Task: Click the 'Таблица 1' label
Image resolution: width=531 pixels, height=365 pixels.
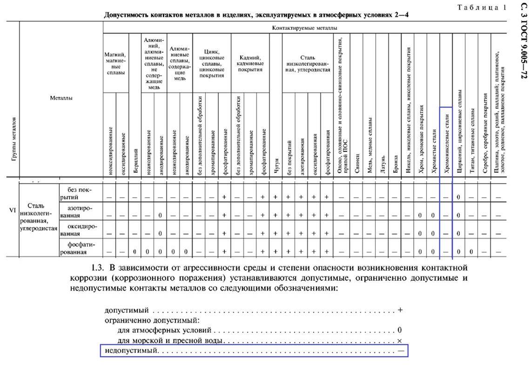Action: [x=482, y=7]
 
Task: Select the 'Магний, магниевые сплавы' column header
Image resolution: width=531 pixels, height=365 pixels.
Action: [x=115, y=63]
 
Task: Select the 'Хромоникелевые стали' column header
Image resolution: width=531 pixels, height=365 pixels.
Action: [x=446, y=142]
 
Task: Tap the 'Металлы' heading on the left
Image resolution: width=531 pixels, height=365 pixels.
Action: [x=61, y=98]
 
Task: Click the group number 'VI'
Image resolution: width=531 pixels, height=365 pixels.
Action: [x=13, y=210]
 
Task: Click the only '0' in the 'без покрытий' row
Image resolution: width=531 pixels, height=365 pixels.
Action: [x=458, y=197]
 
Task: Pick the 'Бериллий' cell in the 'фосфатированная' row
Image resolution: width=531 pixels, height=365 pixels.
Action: [x=135, y=252]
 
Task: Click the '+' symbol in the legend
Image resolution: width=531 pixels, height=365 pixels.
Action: [x=400, y=310]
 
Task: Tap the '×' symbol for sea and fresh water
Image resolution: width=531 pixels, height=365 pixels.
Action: [x=400, y=341]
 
